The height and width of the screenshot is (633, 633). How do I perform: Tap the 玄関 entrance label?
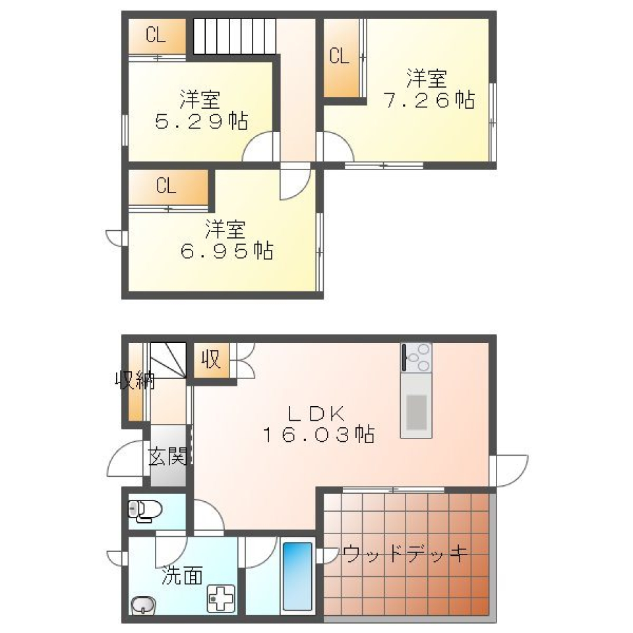(x=167, y=456)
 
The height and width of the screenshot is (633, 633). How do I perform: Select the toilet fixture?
(x=145, y=510)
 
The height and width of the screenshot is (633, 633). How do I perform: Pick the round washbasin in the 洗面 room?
(x=142, y=605)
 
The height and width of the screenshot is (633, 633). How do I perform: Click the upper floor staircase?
(x=234, y=36)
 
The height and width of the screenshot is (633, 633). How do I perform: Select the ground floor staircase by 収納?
(x=168, y=361)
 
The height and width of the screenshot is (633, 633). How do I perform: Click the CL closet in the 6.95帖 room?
(x=167, y=187)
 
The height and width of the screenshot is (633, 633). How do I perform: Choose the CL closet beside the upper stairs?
(x=156, y=37)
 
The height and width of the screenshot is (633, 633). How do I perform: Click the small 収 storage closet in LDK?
(x=211, y=361)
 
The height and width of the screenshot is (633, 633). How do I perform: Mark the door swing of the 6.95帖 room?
(x=293, y=182)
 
